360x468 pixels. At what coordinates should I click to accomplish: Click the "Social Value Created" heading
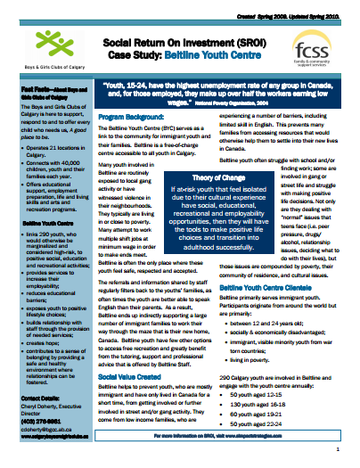pyautogui.click(x=133, y=377)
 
